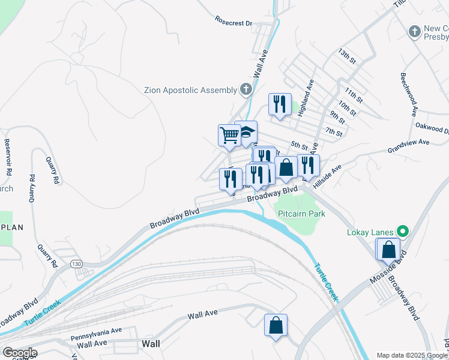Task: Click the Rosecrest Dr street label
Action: pyautogui.click(x=234, y=22)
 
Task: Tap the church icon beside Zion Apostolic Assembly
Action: pyautogui.click(x=246, y=90)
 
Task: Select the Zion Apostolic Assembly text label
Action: pyautogui.click(x=190, y=91)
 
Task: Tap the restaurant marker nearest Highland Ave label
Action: pyautogui.click(x=280, y=104)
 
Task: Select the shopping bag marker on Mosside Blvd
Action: pyautogui.click(x=388, y=250)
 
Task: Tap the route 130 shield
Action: pyautogui.click(x=76, y=264)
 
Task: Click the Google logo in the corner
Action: pyautogui.click(x=19, y=353)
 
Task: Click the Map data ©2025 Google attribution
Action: pyautogui.click(x=412, y=355)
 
